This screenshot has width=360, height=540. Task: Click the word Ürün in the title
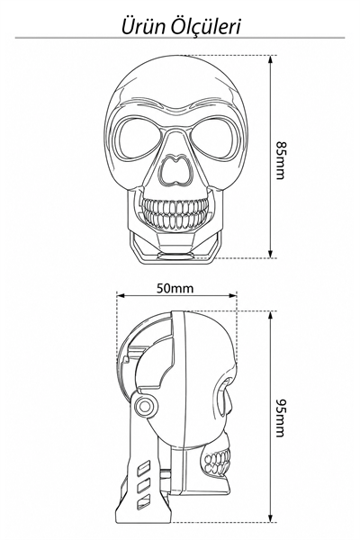[143, 26]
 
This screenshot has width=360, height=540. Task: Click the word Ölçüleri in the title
[205, 26]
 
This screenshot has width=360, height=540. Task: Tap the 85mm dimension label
[281, 160]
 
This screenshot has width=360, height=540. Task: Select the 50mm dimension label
[175, 288]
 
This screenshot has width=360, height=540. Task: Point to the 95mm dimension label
[281, 418]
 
